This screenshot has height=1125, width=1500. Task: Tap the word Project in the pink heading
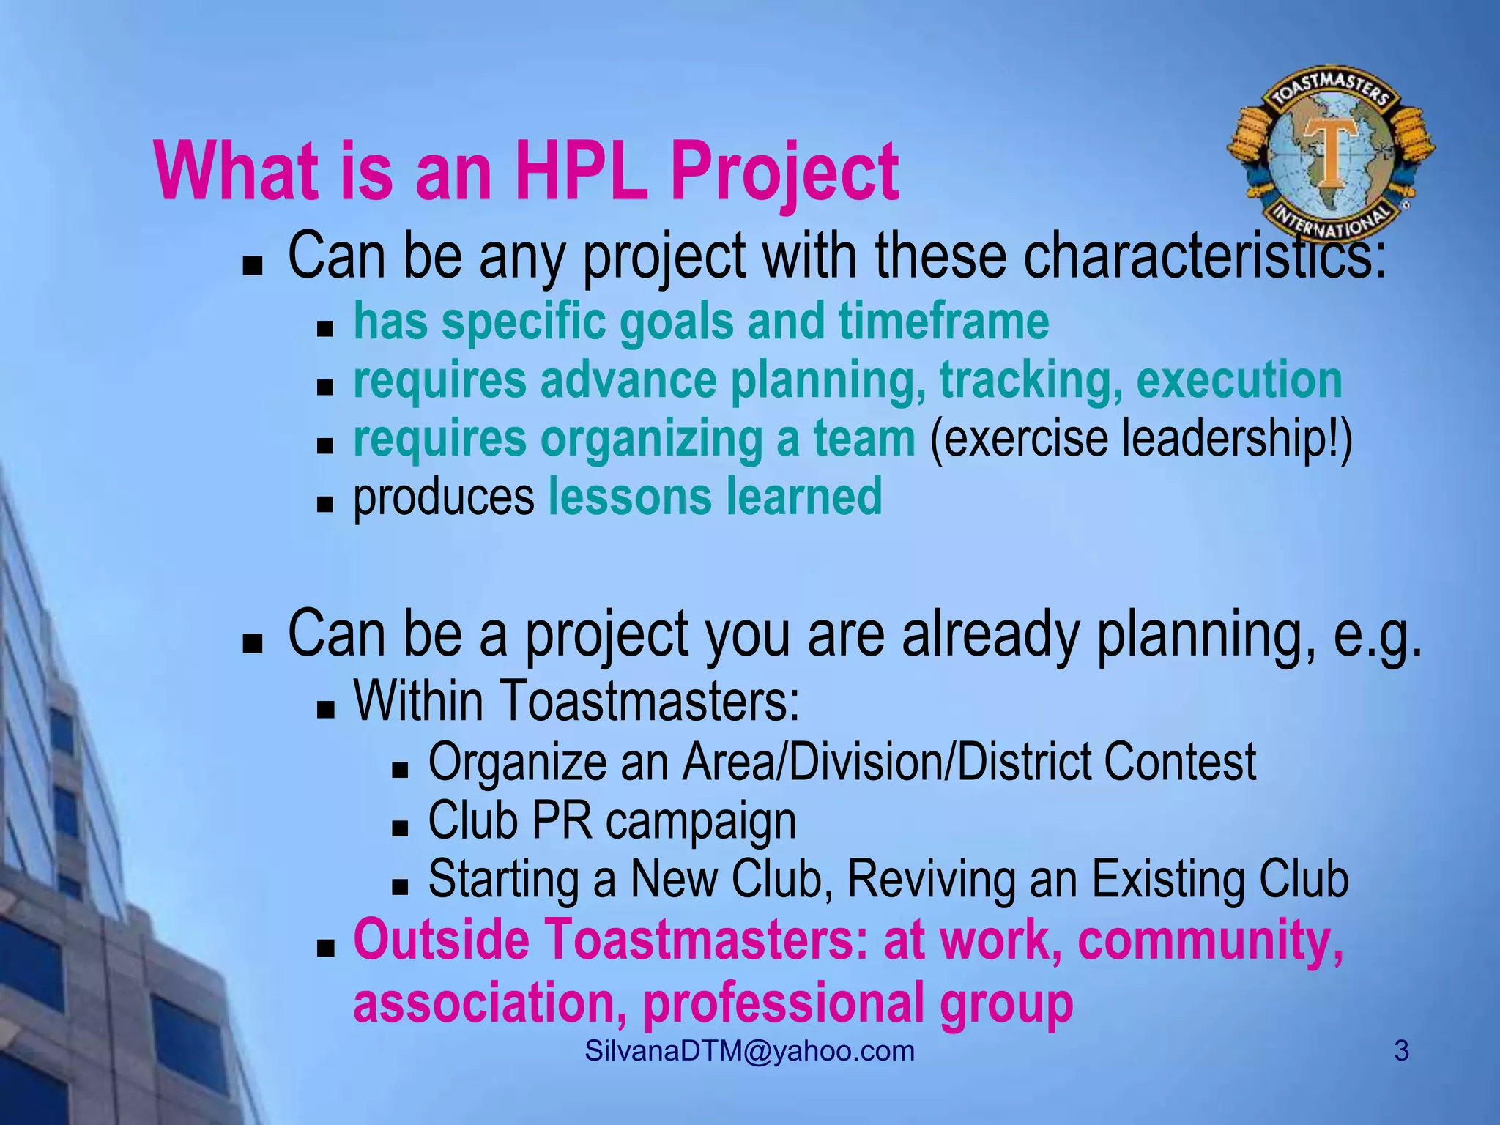coord(784,174)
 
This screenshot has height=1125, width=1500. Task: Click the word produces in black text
coord(444,498)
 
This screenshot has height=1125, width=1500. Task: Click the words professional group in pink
coord(858,1003)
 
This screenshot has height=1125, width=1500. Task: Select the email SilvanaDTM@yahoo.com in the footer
coord(750,1051)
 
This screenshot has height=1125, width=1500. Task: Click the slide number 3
coord(1401,1051)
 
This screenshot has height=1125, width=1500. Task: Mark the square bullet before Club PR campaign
coord(400,828)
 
